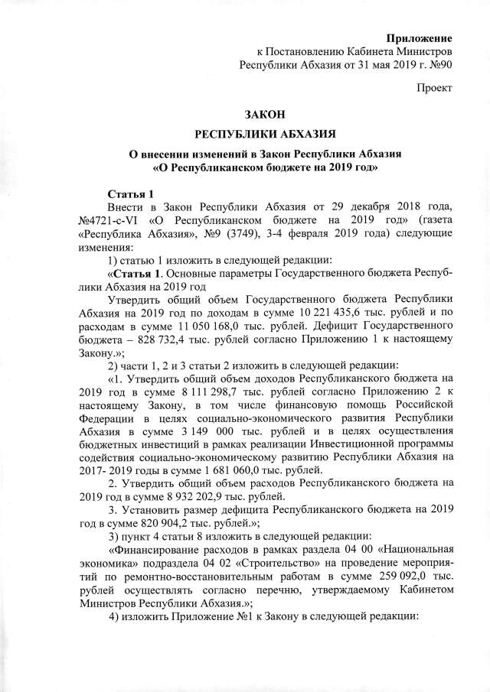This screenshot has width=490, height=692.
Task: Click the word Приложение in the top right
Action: (x=420, y=37)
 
